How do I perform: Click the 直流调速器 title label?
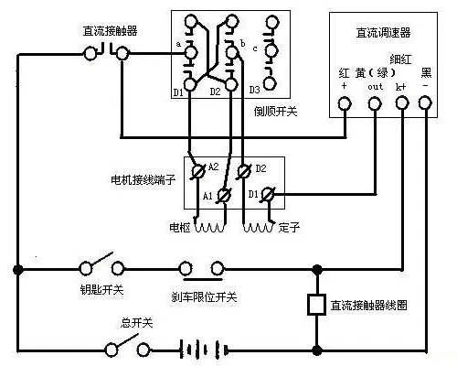click(383, 33)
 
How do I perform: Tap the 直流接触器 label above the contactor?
click(110, 31)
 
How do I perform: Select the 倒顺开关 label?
click(275, 112)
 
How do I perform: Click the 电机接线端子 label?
click(143, 179)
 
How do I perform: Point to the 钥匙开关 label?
click(101, 289)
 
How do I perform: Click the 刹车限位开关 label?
click(204, 296)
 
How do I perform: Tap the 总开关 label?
click(136, 322)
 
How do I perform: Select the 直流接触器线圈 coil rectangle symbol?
click(316, 305)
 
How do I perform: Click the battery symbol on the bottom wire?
click(204, 350)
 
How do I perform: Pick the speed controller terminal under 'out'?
click(375, 103)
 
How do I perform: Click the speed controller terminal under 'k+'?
click(402, 103)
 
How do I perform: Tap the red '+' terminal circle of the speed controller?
click(345, 103)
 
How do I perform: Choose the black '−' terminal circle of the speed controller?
click(425, 102)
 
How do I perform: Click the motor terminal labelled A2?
click(198, 172)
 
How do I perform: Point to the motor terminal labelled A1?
click(224, 196)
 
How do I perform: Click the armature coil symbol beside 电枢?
click(209, 227)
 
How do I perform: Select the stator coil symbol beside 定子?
click(259, 227)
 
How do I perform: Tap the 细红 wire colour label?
click(400, 59)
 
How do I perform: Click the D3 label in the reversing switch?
click(255, 90)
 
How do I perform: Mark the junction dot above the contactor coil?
click(317, 269)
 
